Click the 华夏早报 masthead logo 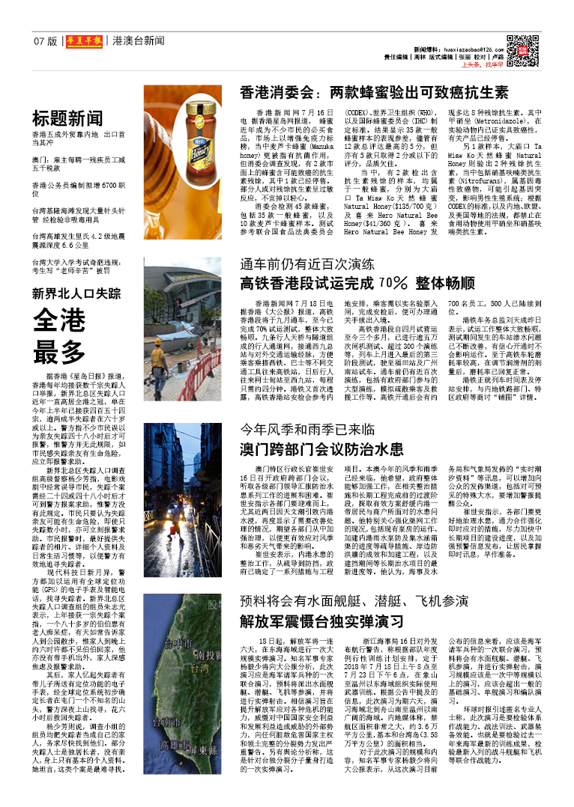83,41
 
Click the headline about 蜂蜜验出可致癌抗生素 374,93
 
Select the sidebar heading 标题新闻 67,118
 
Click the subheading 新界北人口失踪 76,293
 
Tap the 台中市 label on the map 178,644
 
